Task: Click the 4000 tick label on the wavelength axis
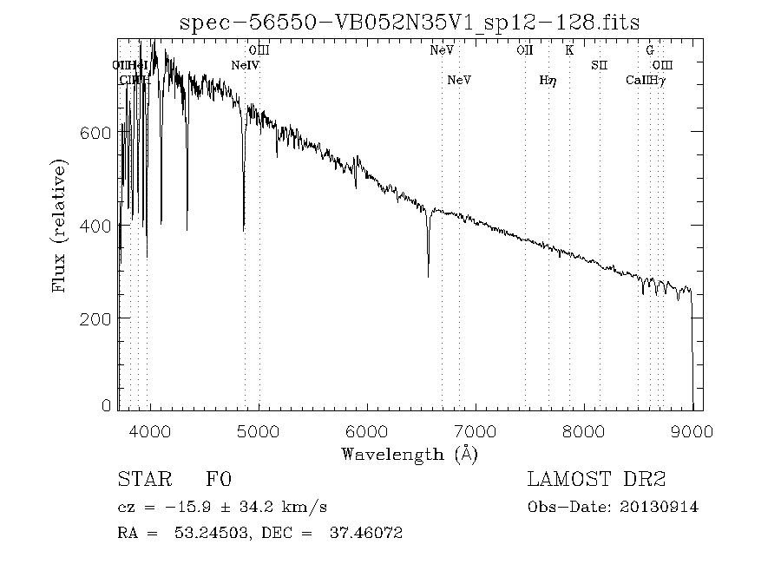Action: (x=151, y=431)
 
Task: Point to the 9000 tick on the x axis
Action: (x=692, y=431)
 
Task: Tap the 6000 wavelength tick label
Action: (x=368, y=431)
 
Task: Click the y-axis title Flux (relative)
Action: (x=60, y=225)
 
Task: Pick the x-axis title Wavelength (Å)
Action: (x=410, y=454)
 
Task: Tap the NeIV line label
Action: (x=246, y=65)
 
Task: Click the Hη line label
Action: (x=548, y=81)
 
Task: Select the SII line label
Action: (x=600, y=65)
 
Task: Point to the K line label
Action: (x=569, y=50)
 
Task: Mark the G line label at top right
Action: (x=649, y=50)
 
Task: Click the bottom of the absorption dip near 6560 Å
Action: (x=428, y=276)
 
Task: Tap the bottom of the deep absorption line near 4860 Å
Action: (x=244, y=230)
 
